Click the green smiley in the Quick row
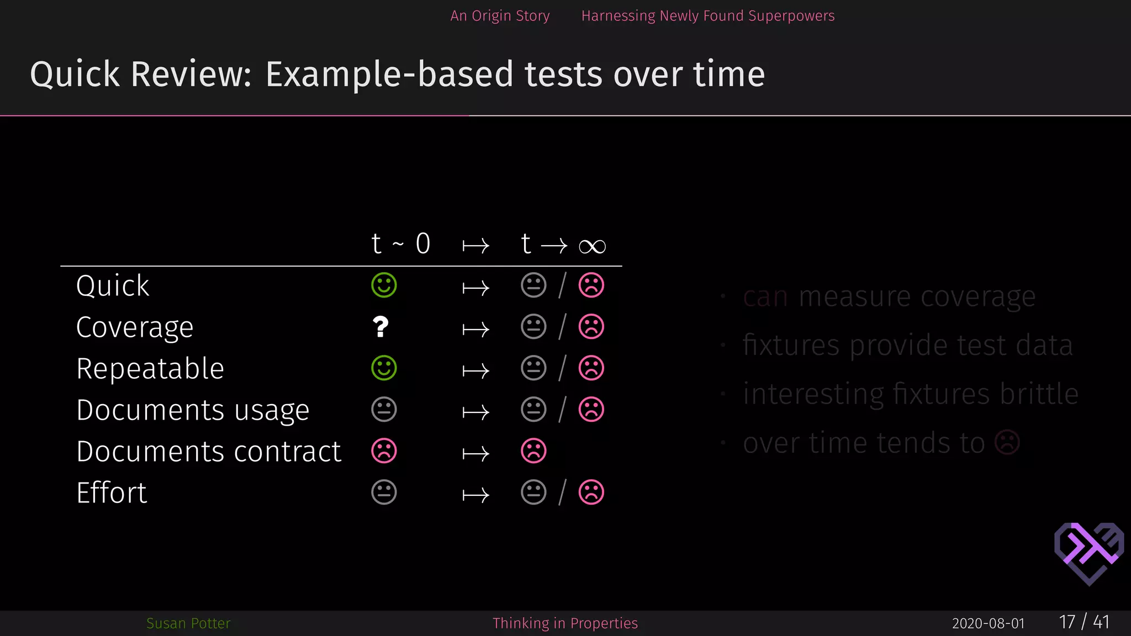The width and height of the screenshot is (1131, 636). [384, 285]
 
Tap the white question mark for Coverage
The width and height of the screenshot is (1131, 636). [380, 327]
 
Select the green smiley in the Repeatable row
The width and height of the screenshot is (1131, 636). [384, 368]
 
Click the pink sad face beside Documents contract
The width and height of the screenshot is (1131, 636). [384, 451]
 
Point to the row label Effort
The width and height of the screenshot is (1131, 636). [112, 492]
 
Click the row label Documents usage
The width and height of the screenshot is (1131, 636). [193, 410]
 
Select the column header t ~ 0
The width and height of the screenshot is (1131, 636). [400, 243]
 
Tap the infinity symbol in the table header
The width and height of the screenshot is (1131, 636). [592, 246]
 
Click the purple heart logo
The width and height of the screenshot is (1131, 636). [1088, 553]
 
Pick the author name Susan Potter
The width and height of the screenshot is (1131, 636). [188, 623]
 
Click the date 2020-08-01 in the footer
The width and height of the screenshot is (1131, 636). [988, 623]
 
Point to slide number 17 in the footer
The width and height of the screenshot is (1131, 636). [1067, 622]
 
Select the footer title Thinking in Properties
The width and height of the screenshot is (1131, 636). [565, 623]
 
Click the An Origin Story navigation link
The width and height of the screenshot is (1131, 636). [500, 16]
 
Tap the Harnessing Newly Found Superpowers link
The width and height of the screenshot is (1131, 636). [707, 16]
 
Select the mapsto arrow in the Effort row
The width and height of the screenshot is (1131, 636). [475, 495]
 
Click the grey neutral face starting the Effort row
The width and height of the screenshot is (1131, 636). [384, 492]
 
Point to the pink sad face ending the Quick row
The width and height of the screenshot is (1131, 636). [591, 285]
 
